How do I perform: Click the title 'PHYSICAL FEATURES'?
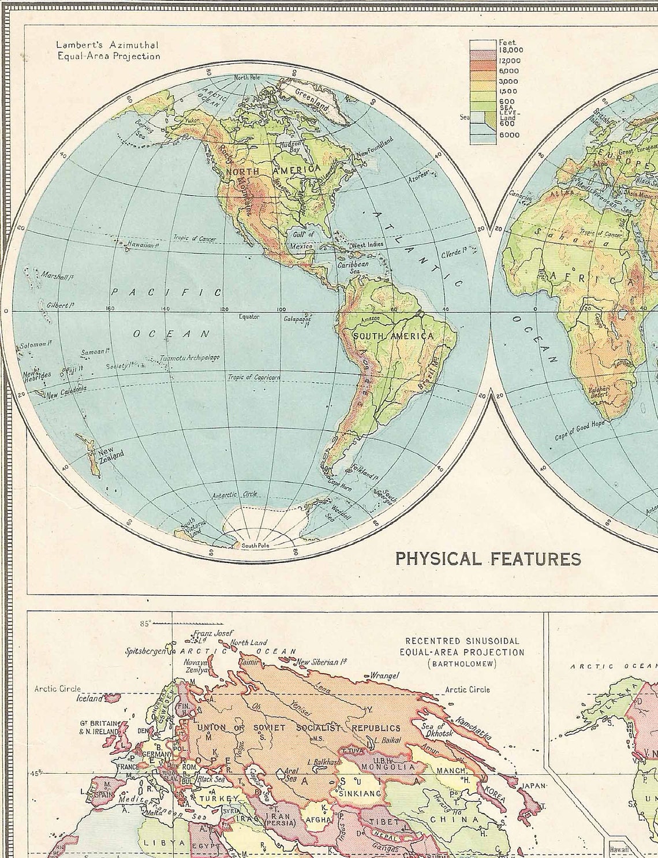click(488, 558)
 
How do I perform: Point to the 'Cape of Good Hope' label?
click(580, 431)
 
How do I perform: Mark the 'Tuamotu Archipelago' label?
click(191, 358)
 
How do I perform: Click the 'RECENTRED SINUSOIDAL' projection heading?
click(462, 641)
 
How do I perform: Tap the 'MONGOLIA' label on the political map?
click(387, 767)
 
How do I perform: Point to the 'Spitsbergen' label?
click(146, 651)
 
